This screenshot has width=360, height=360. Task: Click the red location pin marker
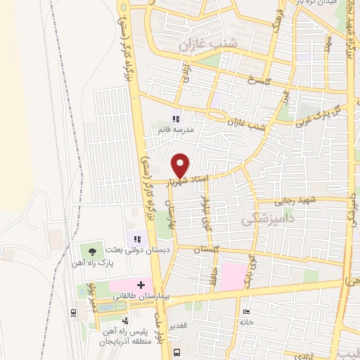pos(181,165)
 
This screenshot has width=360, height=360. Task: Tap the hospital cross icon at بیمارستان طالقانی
pos(141,285)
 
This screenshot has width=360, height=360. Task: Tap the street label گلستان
pos(204,250)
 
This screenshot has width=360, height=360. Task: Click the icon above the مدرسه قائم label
pos(176,120)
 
